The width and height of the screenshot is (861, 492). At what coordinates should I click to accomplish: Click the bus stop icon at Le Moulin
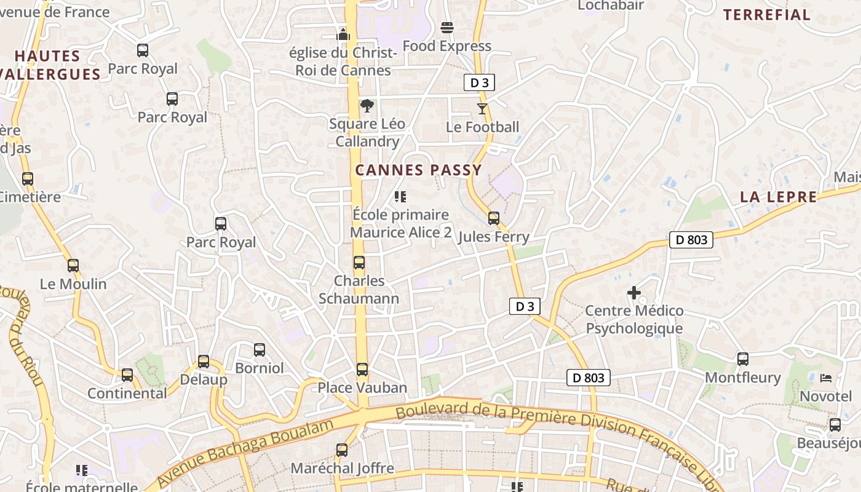coord(73,266)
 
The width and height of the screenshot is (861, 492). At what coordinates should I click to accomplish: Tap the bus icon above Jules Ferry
coord(494,218)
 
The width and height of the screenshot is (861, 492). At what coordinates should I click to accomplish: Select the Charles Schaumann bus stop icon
coord(359,263)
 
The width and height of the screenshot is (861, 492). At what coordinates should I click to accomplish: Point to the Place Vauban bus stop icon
coord(362,370)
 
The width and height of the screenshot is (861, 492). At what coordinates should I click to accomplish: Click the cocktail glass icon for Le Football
coord(482,109)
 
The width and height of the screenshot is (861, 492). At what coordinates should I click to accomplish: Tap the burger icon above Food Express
coord(447,28)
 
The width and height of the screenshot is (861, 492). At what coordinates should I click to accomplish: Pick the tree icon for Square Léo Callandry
coord(367,106)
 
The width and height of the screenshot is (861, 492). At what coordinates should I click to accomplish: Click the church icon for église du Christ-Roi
coord(343,34)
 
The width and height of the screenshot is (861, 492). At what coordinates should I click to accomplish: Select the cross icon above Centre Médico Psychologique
coord(634,293)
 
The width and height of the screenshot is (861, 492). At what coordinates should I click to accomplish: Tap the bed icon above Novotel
coord(826,378)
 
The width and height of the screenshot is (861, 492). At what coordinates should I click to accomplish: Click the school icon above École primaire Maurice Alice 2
coord(400,197)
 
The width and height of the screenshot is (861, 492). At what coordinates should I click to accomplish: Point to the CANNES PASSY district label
coord(418,170)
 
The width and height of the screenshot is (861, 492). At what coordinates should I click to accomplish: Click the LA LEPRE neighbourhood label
coord(778,197)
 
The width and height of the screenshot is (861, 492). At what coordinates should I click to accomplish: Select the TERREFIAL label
coord(766,15)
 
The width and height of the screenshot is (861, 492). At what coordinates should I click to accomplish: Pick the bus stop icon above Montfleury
coord(743,359)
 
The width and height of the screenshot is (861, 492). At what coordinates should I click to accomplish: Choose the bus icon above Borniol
coord(260,350)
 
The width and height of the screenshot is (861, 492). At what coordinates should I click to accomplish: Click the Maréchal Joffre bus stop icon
coord(342,450)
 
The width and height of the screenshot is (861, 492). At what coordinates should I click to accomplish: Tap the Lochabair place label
coord(611,6)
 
